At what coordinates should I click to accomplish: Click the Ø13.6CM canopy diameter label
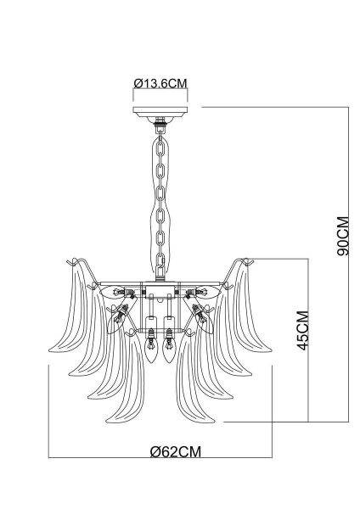point(160,82)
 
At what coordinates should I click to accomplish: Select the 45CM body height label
point(301,334)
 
